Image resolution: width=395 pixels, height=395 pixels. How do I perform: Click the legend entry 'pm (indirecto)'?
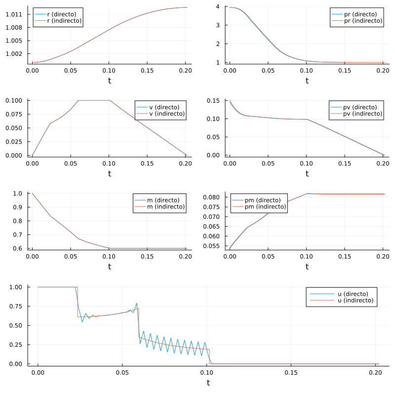point(266,207)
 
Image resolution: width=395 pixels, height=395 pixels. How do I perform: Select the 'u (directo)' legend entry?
point(351,294)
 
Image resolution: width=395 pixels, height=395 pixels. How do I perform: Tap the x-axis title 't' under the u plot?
point(208,383)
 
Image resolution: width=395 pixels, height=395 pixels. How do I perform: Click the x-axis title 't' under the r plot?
point(110,80)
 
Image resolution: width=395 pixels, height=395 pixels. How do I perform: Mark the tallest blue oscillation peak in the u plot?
point(137,303)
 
